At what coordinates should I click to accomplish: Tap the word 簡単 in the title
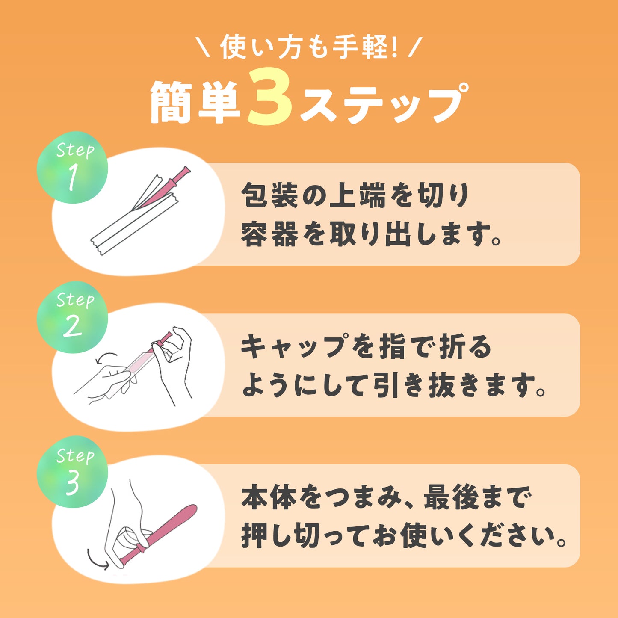click(x=195, y=102)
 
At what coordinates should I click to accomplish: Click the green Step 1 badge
click(x=72, y=167)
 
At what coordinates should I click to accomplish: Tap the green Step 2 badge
click(x=72, y=317)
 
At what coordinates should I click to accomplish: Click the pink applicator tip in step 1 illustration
click(x=186, y=170)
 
